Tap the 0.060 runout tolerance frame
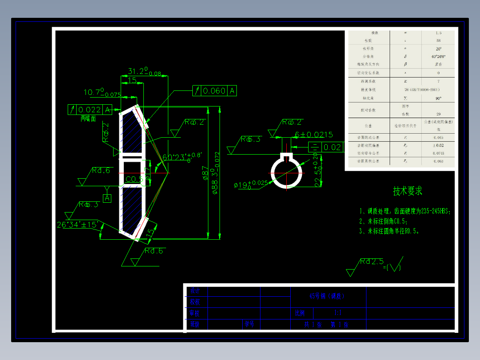214,91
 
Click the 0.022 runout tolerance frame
89,110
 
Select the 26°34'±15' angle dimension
77,224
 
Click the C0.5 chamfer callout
134,179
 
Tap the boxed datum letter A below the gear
107,198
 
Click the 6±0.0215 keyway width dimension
314,134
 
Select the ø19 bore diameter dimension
250,184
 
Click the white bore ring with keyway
287,171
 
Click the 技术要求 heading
407,191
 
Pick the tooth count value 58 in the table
439,41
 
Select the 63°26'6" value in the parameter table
439,57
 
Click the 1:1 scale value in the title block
338,313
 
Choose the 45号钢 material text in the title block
327,296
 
